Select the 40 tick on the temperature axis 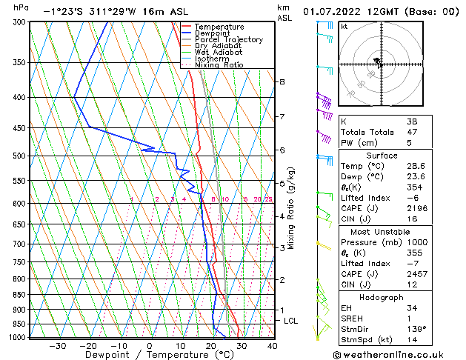click(272, 345)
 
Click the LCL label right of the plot click(291, 321)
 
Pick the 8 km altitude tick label click(282, 81)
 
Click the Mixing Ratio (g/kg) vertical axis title click(291, 207)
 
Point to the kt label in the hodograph click(344, 26)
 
